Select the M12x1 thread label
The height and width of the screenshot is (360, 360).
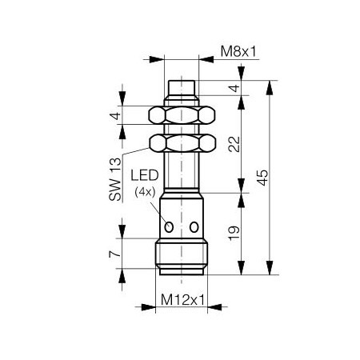tap(185, 301)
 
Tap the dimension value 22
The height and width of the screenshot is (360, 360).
tap(234, 144)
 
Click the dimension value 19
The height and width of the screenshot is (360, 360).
tap(234, 233)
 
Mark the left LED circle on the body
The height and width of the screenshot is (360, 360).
tap(170, 228)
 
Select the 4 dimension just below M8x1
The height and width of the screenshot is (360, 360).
tap(234, 88)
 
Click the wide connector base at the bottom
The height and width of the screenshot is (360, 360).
tap(184, 255)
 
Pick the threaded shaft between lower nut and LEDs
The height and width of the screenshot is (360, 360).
tap(185, 172)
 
